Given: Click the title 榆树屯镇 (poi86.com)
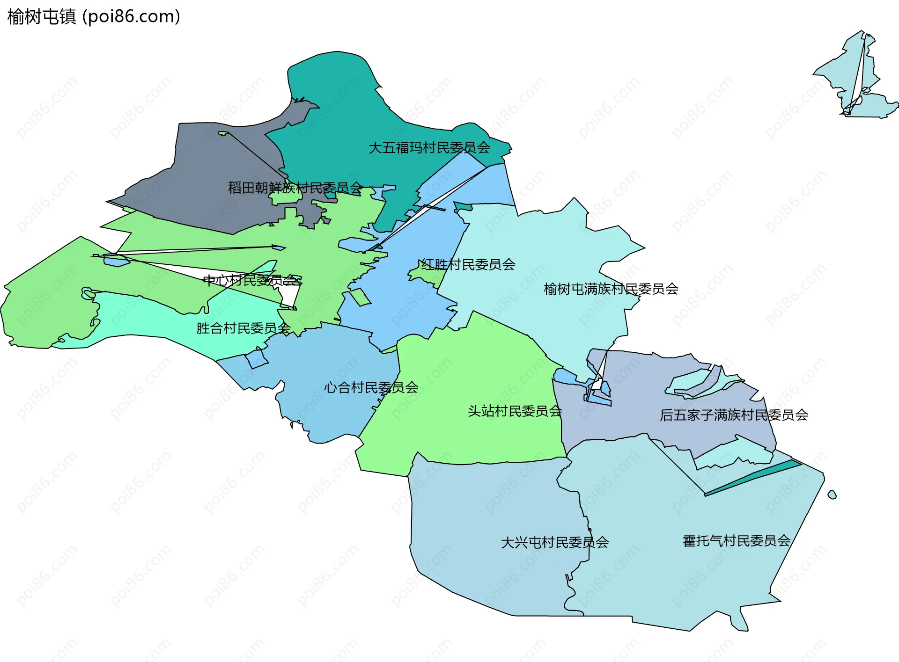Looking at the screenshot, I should point(94,17).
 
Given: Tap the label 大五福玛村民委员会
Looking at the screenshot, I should point(429,148).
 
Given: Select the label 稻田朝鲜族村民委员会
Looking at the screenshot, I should point(295,188).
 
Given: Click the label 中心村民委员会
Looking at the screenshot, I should point(252,280).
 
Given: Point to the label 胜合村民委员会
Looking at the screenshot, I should point(243,328).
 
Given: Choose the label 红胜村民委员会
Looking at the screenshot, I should point(467,265).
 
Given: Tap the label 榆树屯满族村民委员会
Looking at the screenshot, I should point(611,289).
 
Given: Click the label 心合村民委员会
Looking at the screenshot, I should point(371,387).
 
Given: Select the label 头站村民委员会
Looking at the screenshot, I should point(514,411).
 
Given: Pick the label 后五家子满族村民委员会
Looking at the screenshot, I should point(733,415).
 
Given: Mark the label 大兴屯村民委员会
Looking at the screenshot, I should point(554,542).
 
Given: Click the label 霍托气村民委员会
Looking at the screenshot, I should point(736,541).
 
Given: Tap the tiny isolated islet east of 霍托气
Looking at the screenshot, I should point(832,495).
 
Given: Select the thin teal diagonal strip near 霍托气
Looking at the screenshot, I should point(754,477).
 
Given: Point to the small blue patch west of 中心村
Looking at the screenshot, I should point(116,261).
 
